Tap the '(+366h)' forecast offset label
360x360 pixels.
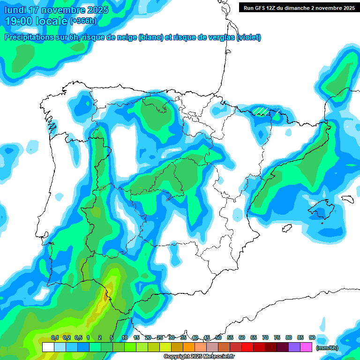pyautogui.click(x=83, y=21)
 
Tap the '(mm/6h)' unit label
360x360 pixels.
pyautogui.click(x=327, y=347)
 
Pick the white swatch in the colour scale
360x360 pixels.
pyautogui.click(x=48, y=347)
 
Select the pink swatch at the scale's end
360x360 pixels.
pyautogui.click(x=306, y=347)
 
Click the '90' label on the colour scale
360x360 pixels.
pyautogui.click(x=312, y=337)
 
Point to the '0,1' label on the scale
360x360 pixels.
pyautogui.click(x=55, y=337)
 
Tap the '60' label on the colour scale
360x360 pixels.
pyautogui.click(x=242, y=337)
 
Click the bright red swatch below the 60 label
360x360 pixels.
pyautogui.click(x=247, y=347)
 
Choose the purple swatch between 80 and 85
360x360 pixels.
pyautogui.click(x=294, y=347)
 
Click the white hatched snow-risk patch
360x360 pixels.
pyautogui.click(x=262, y=111)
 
